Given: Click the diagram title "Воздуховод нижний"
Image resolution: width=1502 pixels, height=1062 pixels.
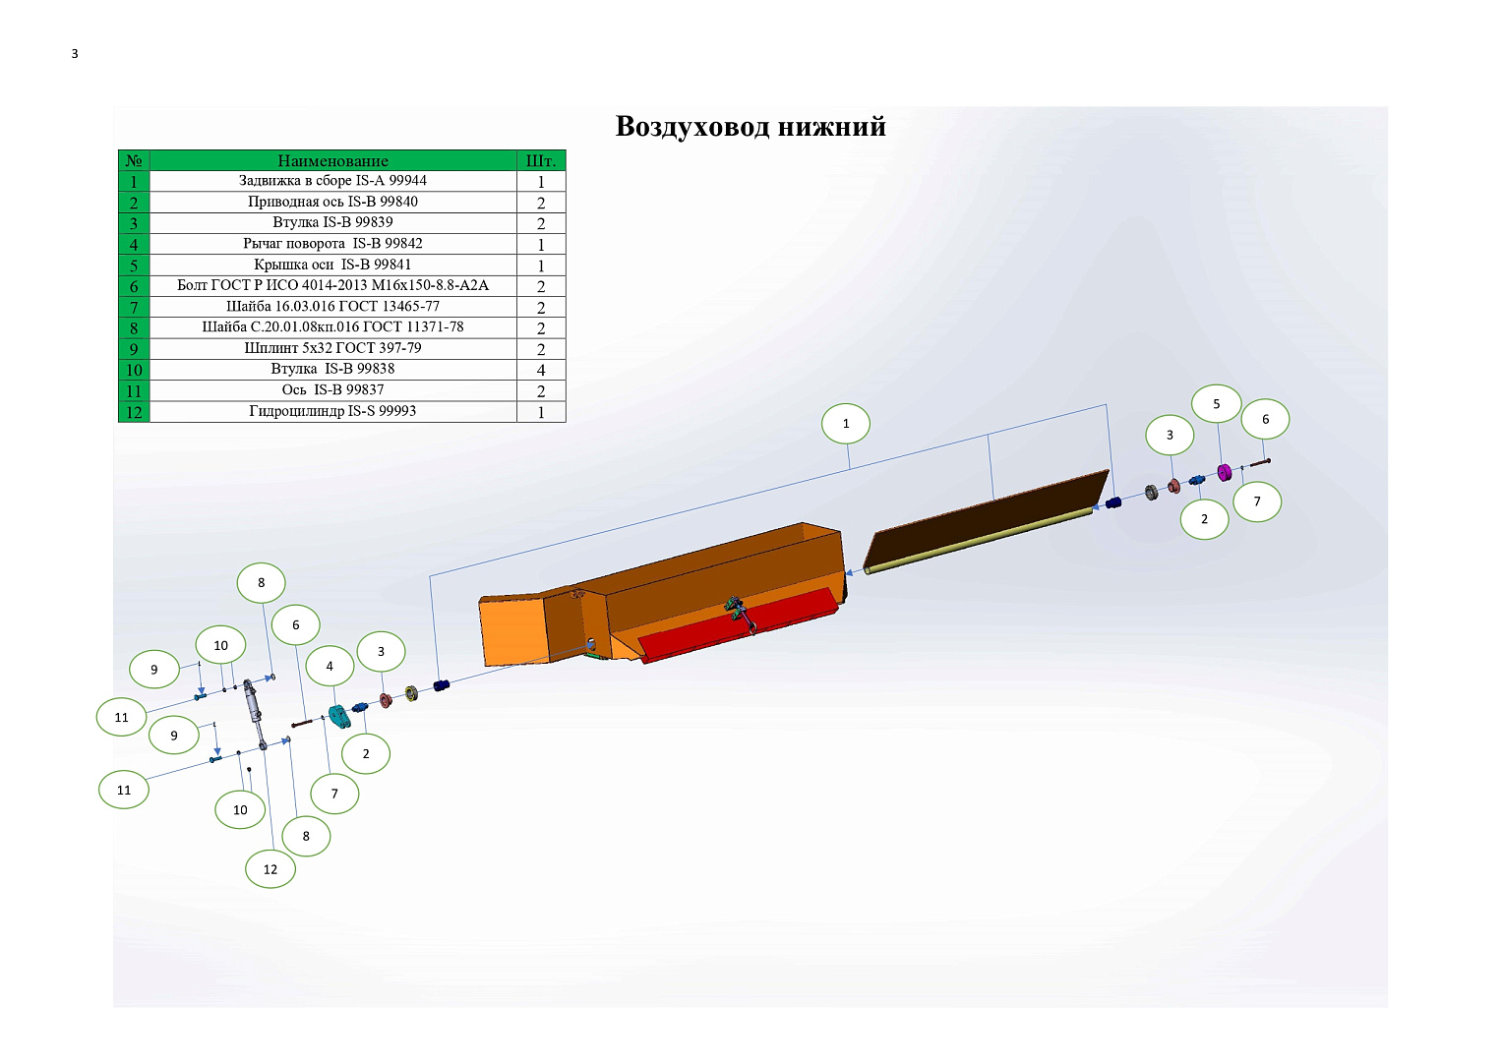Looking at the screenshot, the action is point(751,126).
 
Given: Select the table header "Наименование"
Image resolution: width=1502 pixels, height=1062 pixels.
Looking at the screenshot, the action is point(332,160).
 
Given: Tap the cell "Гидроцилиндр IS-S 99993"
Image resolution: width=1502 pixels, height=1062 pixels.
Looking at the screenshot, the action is point(332,411).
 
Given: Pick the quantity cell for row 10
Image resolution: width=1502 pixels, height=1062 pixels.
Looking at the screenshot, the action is point(541,370).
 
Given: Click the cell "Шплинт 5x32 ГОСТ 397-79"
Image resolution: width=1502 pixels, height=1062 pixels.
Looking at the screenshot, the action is point(332,348).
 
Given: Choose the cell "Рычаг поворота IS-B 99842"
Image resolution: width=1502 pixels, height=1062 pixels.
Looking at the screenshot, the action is point(332,244).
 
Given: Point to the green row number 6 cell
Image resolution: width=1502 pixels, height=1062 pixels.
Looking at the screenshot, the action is point(134,285).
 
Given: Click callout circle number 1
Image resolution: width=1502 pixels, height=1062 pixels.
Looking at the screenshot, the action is point(846,423).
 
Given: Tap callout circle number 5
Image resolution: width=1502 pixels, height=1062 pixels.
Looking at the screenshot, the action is point(1216,403).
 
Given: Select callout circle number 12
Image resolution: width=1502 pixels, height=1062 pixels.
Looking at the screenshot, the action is point(270,869).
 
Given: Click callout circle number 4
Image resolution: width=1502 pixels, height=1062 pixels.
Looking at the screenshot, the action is point(330,666).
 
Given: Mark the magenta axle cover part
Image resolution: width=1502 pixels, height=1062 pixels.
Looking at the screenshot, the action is point(1224,472).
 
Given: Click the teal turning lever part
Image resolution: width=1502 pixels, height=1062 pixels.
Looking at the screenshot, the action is point(339,716).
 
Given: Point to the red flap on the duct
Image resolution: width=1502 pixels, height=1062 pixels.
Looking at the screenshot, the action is point(737,624).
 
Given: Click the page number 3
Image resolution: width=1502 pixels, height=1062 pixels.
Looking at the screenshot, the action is point(75,54).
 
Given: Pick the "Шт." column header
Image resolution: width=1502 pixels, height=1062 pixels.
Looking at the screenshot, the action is point(541,160).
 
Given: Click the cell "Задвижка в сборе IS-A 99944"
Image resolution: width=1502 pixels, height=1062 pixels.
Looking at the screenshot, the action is point(332,180).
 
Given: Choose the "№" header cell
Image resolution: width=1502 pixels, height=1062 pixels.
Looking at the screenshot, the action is point(134,160).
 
